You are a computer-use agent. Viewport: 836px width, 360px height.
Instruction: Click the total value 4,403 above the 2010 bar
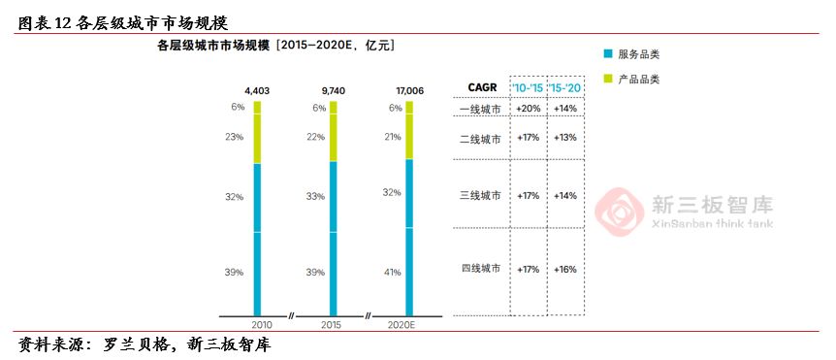click(256, 90)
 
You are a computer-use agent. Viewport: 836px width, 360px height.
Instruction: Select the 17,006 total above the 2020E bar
click(407, 90)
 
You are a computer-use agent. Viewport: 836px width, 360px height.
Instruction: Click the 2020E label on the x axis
click(402, 324)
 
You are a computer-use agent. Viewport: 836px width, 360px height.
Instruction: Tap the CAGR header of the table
click(482, 88)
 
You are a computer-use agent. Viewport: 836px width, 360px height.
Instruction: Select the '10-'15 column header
click(529, 88)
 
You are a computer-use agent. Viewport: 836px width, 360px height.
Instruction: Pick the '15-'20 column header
click(564, 88)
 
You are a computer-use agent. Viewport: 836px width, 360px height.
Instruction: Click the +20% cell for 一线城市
click(529, 109)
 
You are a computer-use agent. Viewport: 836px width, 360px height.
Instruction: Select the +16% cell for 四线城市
click(564, 268)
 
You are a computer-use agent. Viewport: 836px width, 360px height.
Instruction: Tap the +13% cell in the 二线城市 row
click(564, 138)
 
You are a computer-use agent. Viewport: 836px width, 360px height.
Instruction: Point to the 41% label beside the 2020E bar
click(393, 272)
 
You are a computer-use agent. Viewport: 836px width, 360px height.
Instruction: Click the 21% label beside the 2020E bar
click(393, 137)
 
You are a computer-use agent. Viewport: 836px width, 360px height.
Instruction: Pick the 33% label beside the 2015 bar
click(315, 196)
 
